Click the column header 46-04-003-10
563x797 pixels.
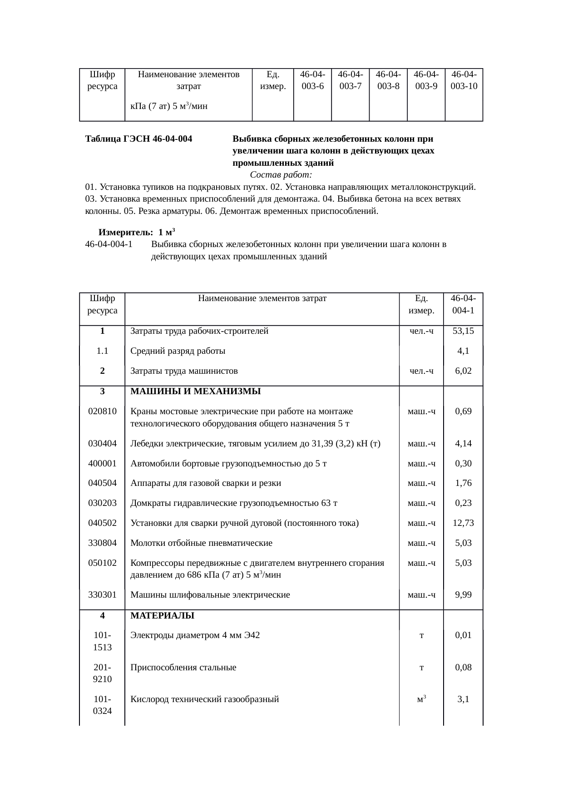point(464,80)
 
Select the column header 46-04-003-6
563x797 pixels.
point(312,80)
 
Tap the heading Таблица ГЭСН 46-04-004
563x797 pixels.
point(138,139)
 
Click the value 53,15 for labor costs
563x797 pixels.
point(463,331)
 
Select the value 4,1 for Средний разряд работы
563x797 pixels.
point(463,351)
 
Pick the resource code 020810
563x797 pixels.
point(102,411)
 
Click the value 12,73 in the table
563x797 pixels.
point(463,523)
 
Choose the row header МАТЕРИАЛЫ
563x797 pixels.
point(162,616)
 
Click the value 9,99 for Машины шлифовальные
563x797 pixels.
point(463,595)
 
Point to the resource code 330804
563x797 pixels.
point(102,543)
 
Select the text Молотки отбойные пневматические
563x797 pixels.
point(201,543)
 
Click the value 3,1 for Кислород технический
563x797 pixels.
point(463,699)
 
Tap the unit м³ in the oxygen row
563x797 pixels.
point(421,699)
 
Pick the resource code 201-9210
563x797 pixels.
point(102,673)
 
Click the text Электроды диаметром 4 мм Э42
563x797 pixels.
point(195,635)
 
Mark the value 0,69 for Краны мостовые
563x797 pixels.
point(463,411)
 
